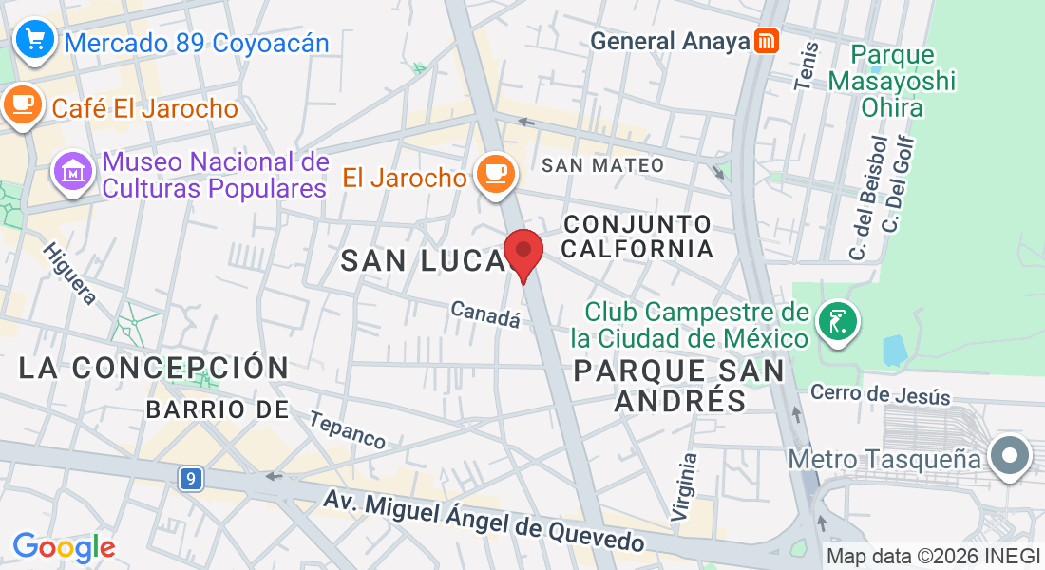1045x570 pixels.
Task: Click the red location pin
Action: click(522, 253)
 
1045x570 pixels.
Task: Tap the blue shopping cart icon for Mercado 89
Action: click(35, 40)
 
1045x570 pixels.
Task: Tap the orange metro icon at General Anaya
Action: click(767, 41)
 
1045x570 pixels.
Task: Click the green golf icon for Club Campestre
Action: click(837, 322)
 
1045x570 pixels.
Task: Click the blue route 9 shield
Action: click(191, 479)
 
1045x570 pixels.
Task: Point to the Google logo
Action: click(64, 546)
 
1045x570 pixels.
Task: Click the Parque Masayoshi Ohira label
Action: click(891, 81)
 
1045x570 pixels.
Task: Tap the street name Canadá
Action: click(485, 314)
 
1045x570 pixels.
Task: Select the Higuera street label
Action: click(69, 275)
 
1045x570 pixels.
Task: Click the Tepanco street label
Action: click(348, 429)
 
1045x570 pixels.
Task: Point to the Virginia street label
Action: click(684, 486)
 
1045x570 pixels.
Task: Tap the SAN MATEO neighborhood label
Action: click(602, 165)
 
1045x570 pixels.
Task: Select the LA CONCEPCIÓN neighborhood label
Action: click(154, 368)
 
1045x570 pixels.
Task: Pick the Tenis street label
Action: click(806, 66)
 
